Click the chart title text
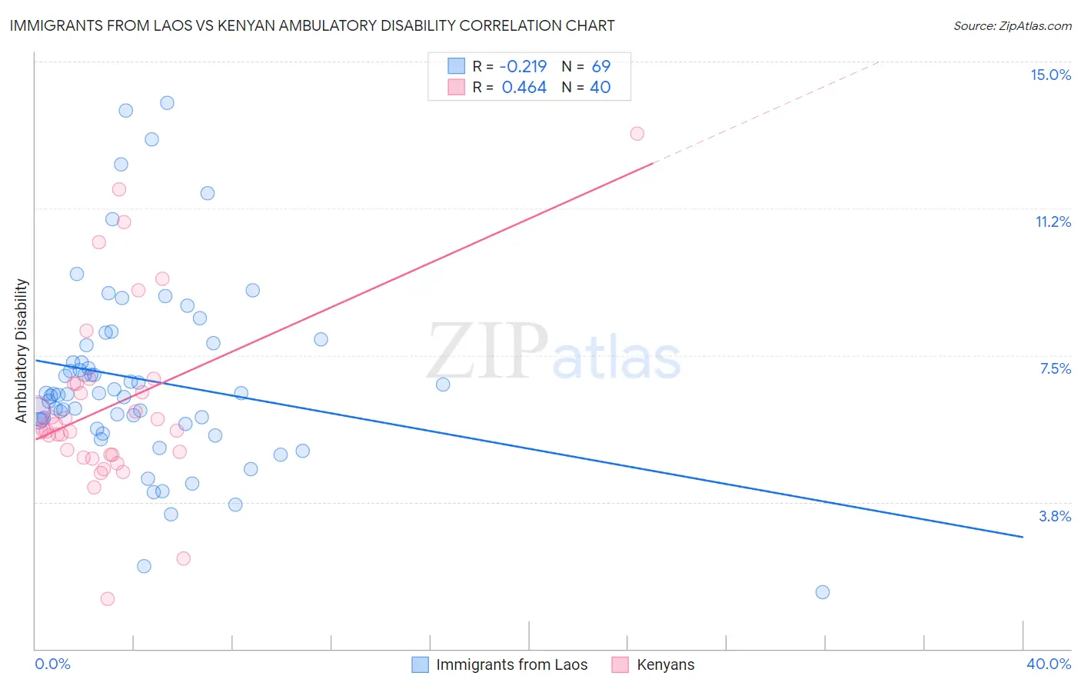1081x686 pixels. (312, 25)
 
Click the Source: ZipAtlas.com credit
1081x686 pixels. (1012, 25)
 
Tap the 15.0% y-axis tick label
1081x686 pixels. (1050, 75)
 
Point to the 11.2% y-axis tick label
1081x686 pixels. (1053, 221)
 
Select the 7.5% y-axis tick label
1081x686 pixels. (1055, 368)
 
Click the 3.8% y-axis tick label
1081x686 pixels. (1055, 516)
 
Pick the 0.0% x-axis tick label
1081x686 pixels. (52, 664)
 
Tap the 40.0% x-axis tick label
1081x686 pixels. (1049, 664)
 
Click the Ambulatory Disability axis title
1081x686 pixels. (22, 351)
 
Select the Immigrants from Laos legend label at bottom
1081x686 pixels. (511, 664)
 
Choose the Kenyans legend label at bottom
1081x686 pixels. (665, 664)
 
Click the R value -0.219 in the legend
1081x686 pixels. (524, 66)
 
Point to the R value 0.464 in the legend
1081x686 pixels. (524, 88)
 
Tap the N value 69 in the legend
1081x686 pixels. (600, 66)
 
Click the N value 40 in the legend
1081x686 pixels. (600, 88)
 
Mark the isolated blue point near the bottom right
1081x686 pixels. (822, 591)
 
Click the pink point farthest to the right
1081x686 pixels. (637, 133)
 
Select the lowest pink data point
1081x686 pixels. (108, 598)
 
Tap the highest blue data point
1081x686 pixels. (167, 103)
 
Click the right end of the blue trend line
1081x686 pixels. (1023, 537)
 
